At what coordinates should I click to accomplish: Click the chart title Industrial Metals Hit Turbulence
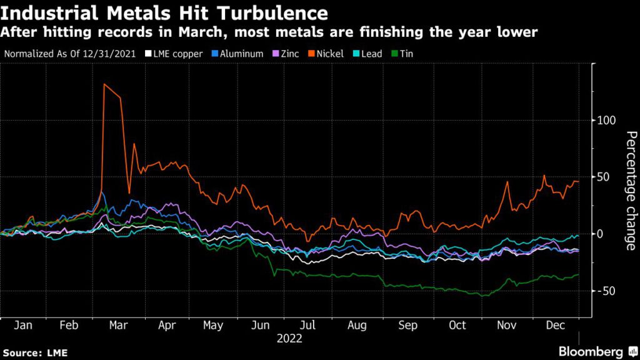pyautogui.click(x=164, y=13)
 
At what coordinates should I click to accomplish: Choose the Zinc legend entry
pyautogui.click(x=287, y=54)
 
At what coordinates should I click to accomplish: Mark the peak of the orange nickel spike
pyautogui.click(x=104, y=84)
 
